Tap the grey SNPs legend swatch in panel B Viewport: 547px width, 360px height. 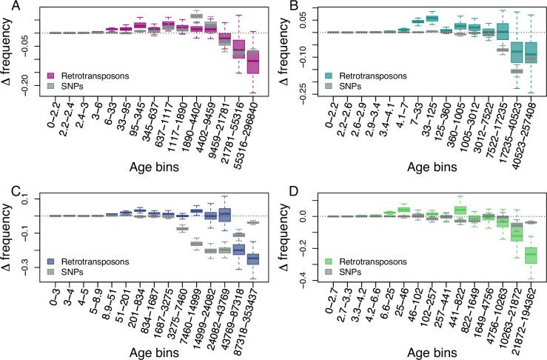pyautogui.click(x=327, y=87)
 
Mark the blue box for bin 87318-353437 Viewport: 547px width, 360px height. pyautogui.click(x=253, y=259)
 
